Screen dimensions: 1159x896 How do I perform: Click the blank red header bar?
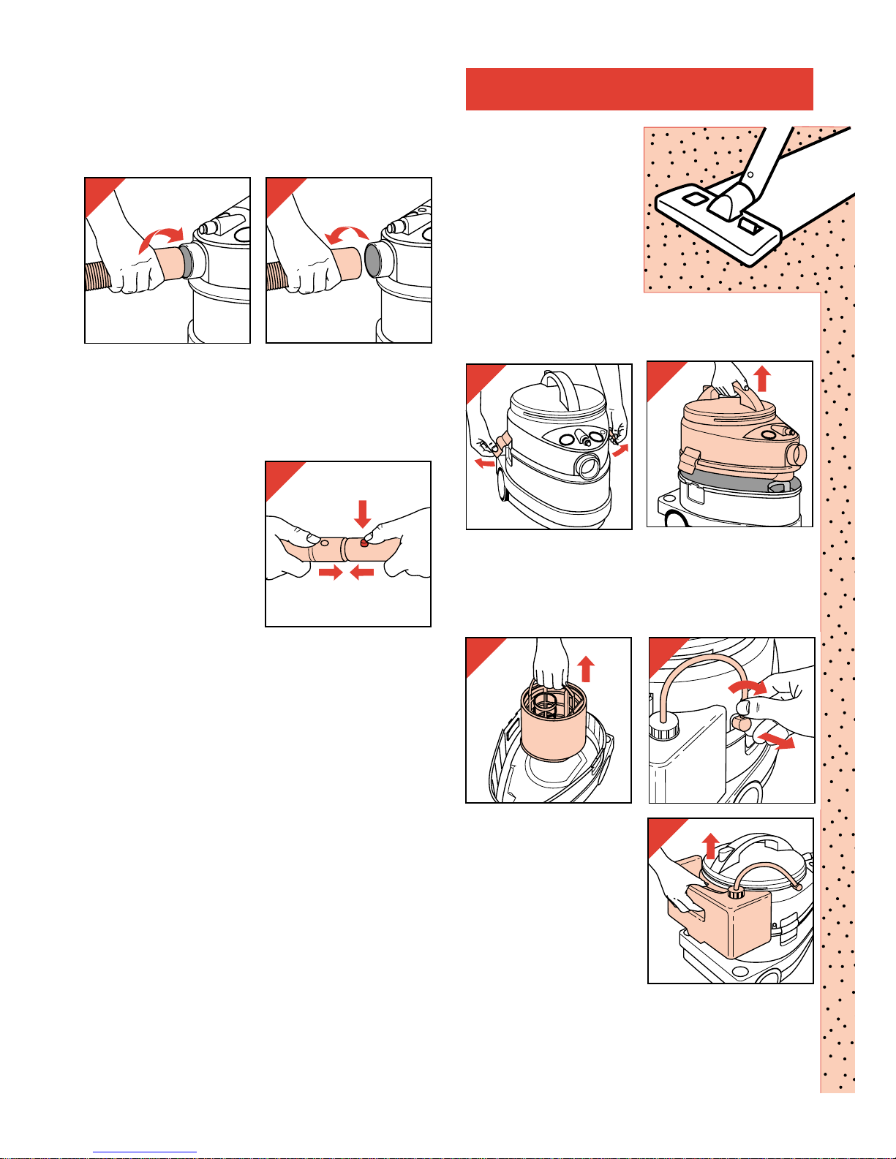pos(639,89)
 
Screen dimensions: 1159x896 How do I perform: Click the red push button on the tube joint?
pos(364,542)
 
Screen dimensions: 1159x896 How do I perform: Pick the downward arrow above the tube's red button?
pos(362,514)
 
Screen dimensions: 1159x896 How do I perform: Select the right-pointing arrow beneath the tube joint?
pos(331,573)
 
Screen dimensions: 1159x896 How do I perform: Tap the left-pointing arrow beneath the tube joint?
pos(362,573)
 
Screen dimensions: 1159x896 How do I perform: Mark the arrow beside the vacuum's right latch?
pos(620,450)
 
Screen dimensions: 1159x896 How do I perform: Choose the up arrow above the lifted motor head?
pos(762,380)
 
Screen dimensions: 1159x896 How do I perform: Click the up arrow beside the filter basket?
pos(586,668)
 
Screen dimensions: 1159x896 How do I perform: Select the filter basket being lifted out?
pos(554,731)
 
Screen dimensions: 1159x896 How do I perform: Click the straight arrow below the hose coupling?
pos(777,740)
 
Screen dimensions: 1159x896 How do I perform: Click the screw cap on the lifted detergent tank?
pos(736,892)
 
